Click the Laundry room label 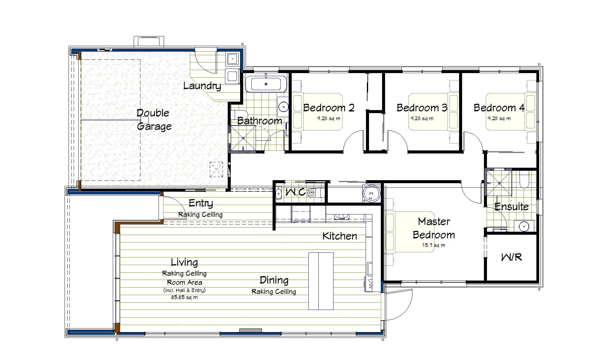tap(202, 86)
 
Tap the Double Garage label tap(154, 119)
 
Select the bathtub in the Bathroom tap(266, 84)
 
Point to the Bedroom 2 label tap(329, 108)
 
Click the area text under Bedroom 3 tap(422, 119)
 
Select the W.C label tap(296, 192)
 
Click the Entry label tap(201, 203)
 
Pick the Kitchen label tap(340, 236)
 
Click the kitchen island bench tap(321, 281)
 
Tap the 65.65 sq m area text tap(184, 297)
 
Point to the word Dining tap(274, 280)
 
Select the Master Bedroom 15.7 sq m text tap(434, 245)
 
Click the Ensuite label tap(512, 207)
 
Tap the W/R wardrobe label tap(512, 257)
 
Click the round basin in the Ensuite tap(524, 226)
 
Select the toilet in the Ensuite tap(524, 179)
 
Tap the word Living tap(184, 262)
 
